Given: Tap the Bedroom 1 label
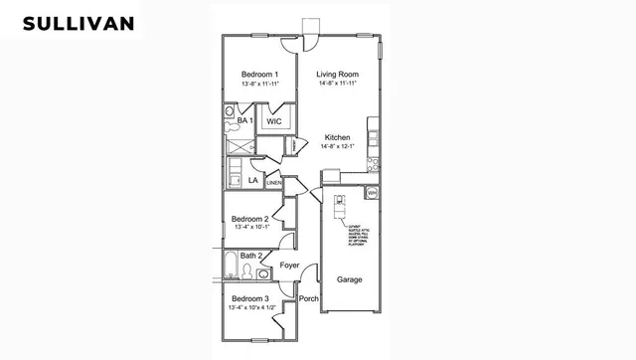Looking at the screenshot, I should click(259, 75).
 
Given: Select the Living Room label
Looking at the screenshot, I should click(338, 75).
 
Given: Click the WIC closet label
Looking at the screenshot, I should click(275, 121).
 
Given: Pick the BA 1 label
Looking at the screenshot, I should click(245, 120).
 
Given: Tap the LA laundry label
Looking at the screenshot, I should click(253, 181).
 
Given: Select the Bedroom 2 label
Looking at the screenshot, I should click(250, 219).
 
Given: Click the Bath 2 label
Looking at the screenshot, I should click(251, 257).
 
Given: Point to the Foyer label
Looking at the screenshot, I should click(289, 266).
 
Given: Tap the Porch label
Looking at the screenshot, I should click(308, 298).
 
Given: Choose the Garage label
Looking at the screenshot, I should click(349, 279).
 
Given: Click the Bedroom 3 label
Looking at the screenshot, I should click(249, 298).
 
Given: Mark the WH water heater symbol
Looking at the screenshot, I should click(372, 191).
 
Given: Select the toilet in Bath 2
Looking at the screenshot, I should click(248, 270).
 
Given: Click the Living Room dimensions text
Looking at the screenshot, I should click(338, 85).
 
